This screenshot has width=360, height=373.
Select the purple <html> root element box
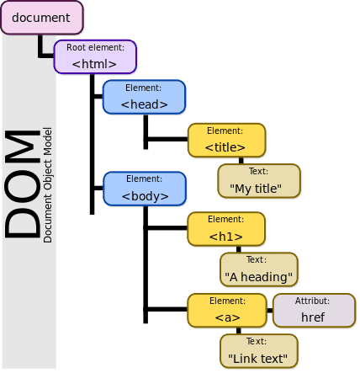click(x=94, y=56)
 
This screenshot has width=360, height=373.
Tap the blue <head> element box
click(x=144, y=97)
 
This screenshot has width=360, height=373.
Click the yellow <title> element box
click(x=225, y=141)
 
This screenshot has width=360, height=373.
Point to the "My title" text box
click(x=258, y=181)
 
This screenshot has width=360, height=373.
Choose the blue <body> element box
click(x=144, y=189)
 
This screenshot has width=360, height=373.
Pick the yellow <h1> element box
click(x=225, y=229)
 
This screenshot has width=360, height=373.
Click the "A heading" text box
click(x=258, y=269)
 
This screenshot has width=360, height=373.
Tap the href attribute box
click(x=313, y=310)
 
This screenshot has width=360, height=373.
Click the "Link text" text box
click(x=258, y=351)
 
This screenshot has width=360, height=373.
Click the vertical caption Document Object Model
click(x=48, y=185)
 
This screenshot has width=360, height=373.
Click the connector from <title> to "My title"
click(x=241, y=161)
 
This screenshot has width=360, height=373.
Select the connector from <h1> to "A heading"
click(x=241, y=249)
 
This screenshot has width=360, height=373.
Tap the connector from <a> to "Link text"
click(x=241, y=331)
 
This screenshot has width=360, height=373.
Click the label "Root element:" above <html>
click(x=94, y=48)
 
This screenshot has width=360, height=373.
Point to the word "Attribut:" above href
click(x=313, y=301)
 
